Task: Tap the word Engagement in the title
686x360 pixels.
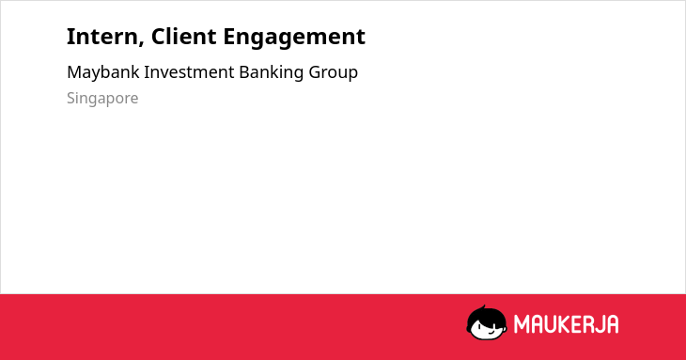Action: coord(294,38)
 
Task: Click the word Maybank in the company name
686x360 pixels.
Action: coord(103,72)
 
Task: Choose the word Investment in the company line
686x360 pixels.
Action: coord(189,72)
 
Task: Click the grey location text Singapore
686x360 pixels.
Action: coord(102,99)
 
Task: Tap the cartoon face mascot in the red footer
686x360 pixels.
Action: coord(487,322)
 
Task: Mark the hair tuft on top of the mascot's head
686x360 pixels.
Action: coord(483,307)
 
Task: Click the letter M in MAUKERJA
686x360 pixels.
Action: coord(522,324)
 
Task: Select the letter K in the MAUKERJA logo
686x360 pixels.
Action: coord(563,324)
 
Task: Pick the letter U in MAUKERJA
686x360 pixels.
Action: coord(550,324)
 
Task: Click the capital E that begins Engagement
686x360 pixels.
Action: coord(230,37)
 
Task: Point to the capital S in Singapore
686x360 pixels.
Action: coord(71,98)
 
